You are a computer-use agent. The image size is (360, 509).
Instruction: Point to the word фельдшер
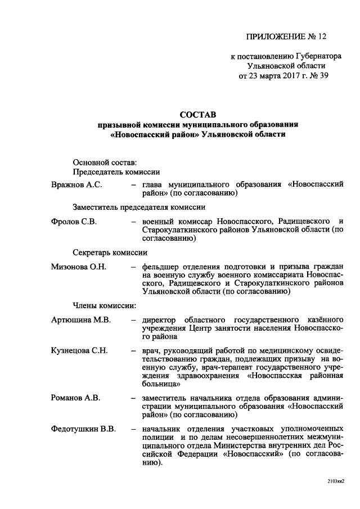tap(161, 266)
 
